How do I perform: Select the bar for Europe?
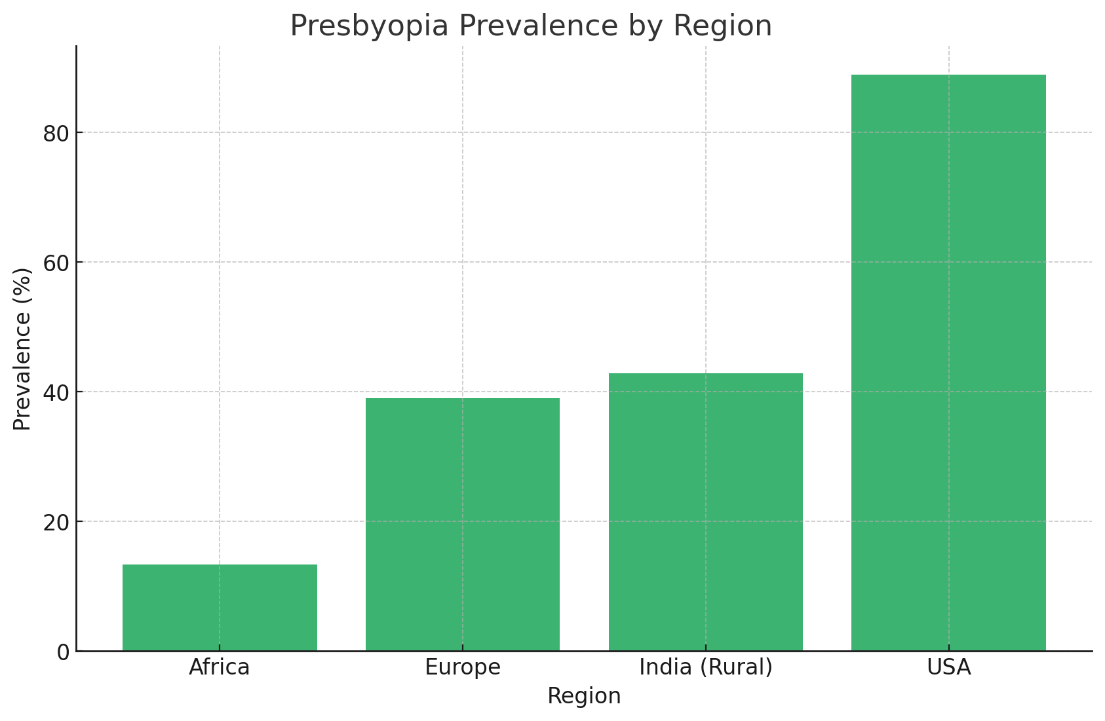coord(463,524)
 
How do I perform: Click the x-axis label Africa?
coord(220,667)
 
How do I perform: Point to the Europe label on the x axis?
coord(463,667)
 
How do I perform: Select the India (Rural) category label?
coord(705,667)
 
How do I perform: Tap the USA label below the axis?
coord(948,667)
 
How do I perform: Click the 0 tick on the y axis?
coord(63,652)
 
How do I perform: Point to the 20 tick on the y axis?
coord(56,523)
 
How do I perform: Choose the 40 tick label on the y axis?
coord(56,393)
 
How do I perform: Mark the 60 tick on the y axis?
coord(56,263)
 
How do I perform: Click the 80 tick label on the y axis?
coord(56,134)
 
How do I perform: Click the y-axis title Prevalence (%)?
coord(22,348)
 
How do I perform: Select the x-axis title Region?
coord(584,696)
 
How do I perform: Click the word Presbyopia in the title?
coord(369,26)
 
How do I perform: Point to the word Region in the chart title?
coord(722,26)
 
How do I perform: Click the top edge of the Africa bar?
coord(220,565)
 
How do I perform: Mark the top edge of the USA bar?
coord(948,75)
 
